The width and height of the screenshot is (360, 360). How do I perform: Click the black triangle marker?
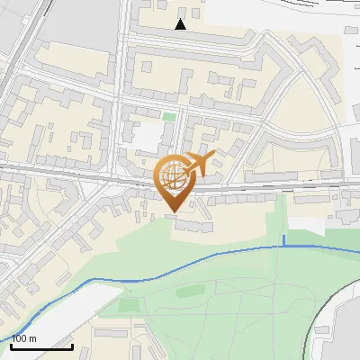181,24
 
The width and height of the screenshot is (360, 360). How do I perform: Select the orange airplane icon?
200,163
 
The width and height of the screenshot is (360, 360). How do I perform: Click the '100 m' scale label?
24,337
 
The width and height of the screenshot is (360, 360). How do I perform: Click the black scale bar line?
41,346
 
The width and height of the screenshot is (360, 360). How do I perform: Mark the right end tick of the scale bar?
72,344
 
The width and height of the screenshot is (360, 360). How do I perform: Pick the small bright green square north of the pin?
169,117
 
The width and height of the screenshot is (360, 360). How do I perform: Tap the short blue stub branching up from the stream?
284,239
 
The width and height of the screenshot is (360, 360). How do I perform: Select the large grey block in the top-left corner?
76,22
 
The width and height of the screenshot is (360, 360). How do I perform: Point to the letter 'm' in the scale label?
32,337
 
